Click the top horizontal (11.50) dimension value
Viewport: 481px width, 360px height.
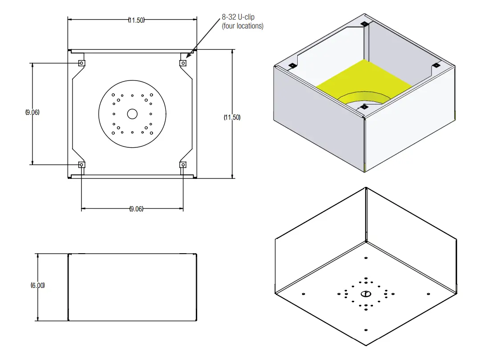[137, 20]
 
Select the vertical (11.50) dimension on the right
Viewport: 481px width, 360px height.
[232, 117]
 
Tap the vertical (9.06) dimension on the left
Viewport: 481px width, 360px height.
[32, 113]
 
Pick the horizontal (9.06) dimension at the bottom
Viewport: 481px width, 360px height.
[136, 209]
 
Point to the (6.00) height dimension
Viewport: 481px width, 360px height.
[37, 285]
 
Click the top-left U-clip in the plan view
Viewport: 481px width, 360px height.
[81, 63]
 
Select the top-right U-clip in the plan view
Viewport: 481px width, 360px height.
[182, 63]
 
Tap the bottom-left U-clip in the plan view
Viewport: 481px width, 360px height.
[81, 165]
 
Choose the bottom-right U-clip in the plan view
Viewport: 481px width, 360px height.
[182, 165]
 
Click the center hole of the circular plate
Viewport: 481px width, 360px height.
[132, 114]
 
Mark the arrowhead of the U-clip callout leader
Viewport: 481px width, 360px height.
[188, 58]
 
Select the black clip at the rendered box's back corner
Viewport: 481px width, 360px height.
[364, 24]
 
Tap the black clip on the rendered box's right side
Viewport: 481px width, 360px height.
[436, 65]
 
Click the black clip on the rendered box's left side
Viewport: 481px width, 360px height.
[292, 66]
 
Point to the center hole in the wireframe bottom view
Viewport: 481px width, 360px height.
[365, 294]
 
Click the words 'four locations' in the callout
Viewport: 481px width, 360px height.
[243, 26]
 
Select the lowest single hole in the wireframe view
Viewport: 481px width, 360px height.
[365, 330]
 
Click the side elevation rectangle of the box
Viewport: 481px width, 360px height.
[132, 287]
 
